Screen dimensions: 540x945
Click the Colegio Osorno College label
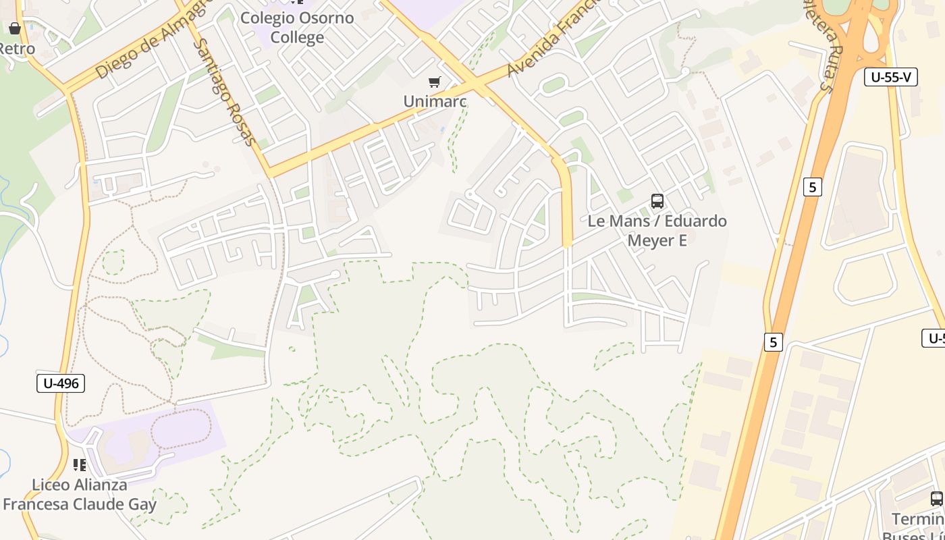click(x=297, y=27)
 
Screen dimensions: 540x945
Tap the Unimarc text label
click(x=435, y=101)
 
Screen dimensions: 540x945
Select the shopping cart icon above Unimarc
click(x=435, y=82)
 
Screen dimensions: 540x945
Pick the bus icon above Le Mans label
click(x=657, y=200)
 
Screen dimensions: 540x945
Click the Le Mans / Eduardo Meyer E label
click(x=657, y=230)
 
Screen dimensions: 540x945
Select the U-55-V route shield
click(x=890, y=77)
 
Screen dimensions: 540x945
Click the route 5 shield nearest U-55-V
click(x=813, y=187)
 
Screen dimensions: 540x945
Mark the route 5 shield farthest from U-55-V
click(x=773, y=342)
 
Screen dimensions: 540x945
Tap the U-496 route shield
click(x=61, y=383)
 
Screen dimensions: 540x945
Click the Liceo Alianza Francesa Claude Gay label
click(x=80, y=494)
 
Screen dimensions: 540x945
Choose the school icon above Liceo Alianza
click(x=80, y=465)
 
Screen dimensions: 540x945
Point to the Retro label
click(x=16, y=49)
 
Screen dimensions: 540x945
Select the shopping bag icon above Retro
click(x=15, y=28)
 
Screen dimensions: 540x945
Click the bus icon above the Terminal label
click(x=936, y=499)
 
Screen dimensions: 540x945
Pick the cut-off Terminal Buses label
click(x=918, y=527)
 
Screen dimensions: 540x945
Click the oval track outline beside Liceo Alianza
click(x=181, y=429)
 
